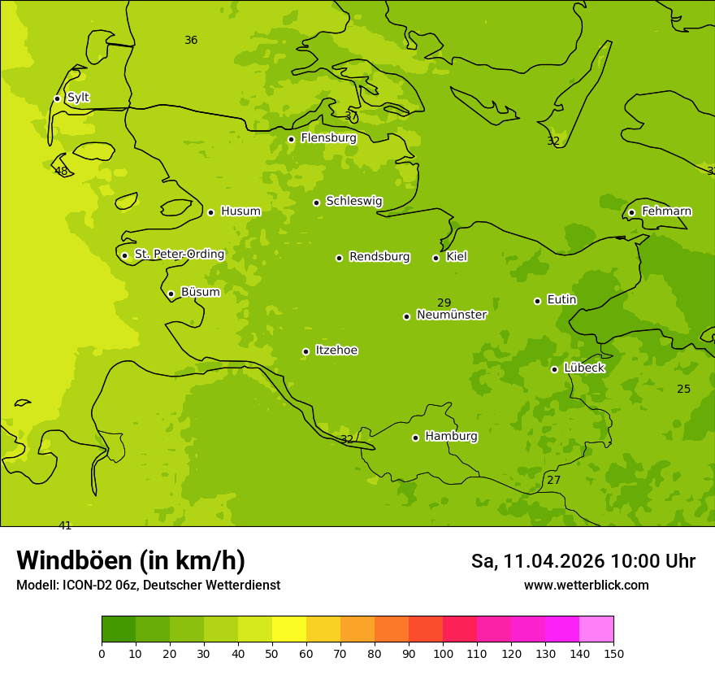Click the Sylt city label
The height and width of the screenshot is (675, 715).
coord(78,98)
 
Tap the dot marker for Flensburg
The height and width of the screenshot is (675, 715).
coord(291,139)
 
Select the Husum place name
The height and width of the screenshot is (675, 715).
coord(240,211)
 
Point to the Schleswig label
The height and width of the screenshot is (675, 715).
coord(353,201)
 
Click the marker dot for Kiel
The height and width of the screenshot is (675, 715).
coord(435,258)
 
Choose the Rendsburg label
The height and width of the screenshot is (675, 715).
coord(379,257)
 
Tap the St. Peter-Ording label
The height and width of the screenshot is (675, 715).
coord(179,255)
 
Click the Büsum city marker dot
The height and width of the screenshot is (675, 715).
coord(171,294)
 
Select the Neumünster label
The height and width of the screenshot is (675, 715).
coord(452,315)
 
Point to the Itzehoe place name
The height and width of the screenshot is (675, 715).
coord(336,351)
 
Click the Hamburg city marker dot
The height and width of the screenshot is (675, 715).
coord(415,438)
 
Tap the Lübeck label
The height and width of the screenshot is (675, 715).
coord(584,368)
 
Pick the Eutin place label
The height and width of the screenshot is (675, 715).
coord(561,300)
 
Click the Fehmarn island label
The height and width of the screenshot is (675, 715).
coord(666,211)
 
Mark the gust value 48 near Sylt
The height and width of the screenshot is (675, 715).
coord(61,171)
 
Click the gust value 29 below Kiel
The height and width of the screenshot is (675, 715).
coord(444,303)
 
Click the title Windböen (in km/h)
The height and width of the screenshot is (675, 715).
coord(131,560)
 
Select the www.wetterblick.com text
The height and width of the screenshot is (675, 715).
coord(586,585)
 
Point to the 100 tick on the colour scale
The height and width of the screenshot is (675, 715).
coord(443,653)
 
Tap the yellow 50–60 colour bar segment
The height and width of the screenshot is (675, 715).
coord(289,629)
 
